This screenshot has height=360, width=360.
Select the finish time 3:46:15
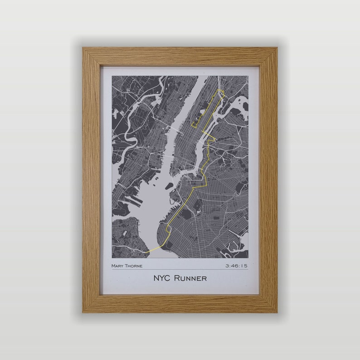pos(236,266)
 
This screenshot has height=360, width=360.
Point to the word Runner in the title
pos(191,278)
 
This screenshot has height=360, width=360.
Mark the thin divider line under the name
pos(180,270)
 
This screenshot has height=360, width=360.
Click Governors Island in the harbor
pos(169,186)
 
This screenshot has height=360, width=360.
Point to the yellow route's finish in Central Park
pos(193,123)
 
